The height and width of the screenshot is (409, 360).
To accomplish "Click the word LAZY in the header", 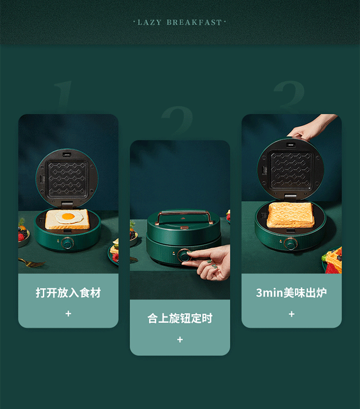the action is (x=149, y=23).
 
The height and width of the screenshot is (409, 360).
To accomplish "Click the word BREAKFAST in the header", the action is (x=194, y=23).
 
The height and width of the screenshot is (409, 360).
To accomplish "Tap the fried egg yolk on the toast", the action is (x=69, y=216).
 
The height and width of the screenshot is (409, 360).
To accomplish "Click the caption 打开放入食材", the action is (x=68, y=293).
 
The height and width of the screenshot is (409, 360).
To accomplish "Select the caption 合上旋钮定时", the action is (x=180, y=318).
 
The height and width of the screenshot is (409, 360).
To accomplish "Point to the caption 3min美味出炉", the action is (x=291, y=293).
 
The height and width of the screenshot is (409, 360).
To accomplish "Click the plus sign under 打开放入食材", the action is (x=68, y=313).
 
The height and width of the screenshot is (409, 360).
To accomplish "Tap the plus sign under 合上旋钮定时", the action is (x=180, y=339).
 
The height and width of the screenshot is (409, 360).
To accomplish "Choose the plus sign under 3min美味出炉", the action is (x=292, y=314).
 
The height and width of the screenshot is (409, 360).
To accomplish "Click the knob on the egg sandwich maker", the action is (x=68, y=243).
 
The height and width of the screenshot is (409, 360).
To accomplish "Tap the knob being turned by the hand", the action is (x=184, y=255).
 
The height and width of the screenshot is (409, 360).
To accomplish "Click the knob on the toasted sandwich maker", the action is (x=291, y=244).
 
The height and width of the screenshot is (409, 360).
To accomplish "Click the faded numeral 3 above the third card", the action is (x=289, y=96).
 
